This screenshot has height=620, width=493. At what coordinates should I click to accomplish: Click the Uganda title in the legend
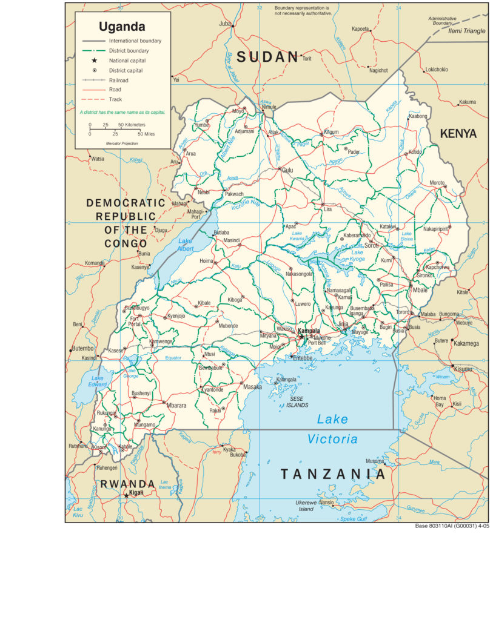point(122,27)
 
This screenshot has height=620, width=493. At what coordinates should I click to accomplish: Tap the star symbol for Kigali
point(126,495)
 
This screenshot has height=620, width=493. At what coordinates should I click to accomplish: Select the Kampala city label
point(309,331)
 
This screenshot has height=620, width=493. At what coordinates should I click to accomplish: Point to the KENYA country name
point(458,134)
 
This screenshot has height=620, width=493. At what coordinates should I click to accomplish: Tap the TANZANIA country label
point(332,474)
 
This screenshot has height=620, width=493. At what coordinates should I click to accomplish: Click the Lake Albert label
point(185,244)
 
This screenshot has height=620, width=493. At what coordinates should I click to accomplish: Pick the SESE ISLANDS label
point(299,402)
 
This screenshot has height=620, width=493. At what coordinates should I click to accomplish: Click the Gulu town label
point(287,171)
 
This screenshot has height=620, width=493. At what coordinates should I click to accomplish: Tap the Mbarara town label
point(176,405)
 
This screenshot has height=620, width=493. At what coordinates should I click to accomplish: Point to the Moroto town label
point(437,182)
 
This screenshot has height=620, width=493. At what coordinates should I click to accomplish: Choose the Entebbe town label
point(303,358)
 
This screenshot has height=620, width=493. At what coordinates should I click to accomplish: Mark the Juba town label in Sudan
point(226,24)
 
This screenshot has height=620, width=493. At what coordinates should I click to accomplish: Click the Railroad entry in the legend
point(118,80)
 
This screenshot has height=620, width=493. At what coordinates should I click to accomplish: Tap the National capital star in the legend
point(95,61)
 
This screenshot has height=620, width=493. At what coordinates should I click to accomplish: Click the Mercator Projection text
point(122,143)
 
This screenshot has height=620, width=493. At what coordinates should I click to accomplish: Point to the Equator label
point(173,358)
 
